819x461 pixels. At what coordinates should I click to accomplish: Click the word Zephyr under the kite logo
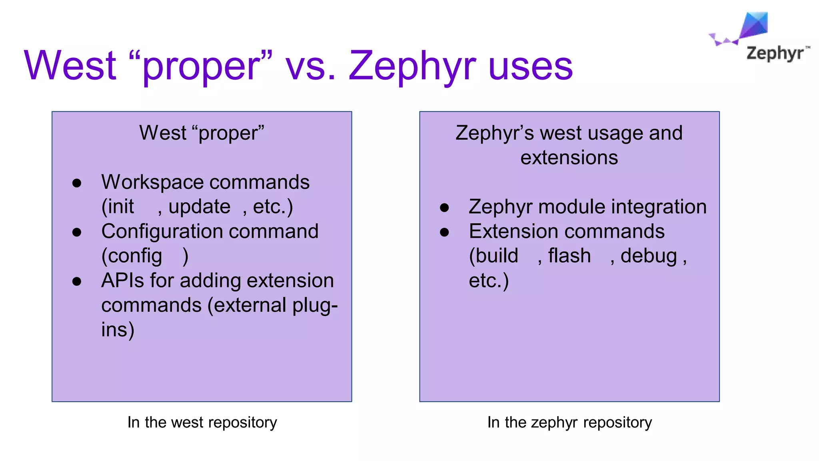[775, 54]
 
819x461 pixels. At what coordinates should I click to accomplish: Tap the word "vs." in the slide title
[310, 66]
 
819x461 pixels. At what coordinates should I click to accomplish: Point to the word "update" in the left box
[199, 207]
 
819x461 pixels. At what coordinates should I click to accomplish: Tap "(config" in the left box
[132, 256]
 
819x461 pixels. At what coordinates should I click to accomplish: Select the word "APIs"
[122, 281]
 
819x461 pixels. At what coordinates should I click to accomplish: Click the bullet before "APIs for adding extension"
[77, 281]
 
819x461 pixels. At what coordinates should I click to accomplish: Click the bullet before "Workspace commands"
[77, 183]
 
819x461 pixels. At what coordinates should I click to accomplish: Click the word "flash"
[569, 256]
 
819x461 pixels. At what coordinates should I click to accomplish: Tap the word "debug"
[649, 256]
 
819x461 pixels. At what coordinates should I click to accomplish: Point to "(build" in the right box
[493, 256]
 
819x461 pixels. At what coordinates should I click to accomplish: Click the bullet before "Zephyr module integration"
[444, 208]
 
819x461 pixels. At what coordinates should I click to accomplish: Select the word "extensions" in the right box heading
[569, 158]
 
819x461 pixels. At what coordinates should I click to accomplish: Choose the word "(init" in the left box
[118, 207]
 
